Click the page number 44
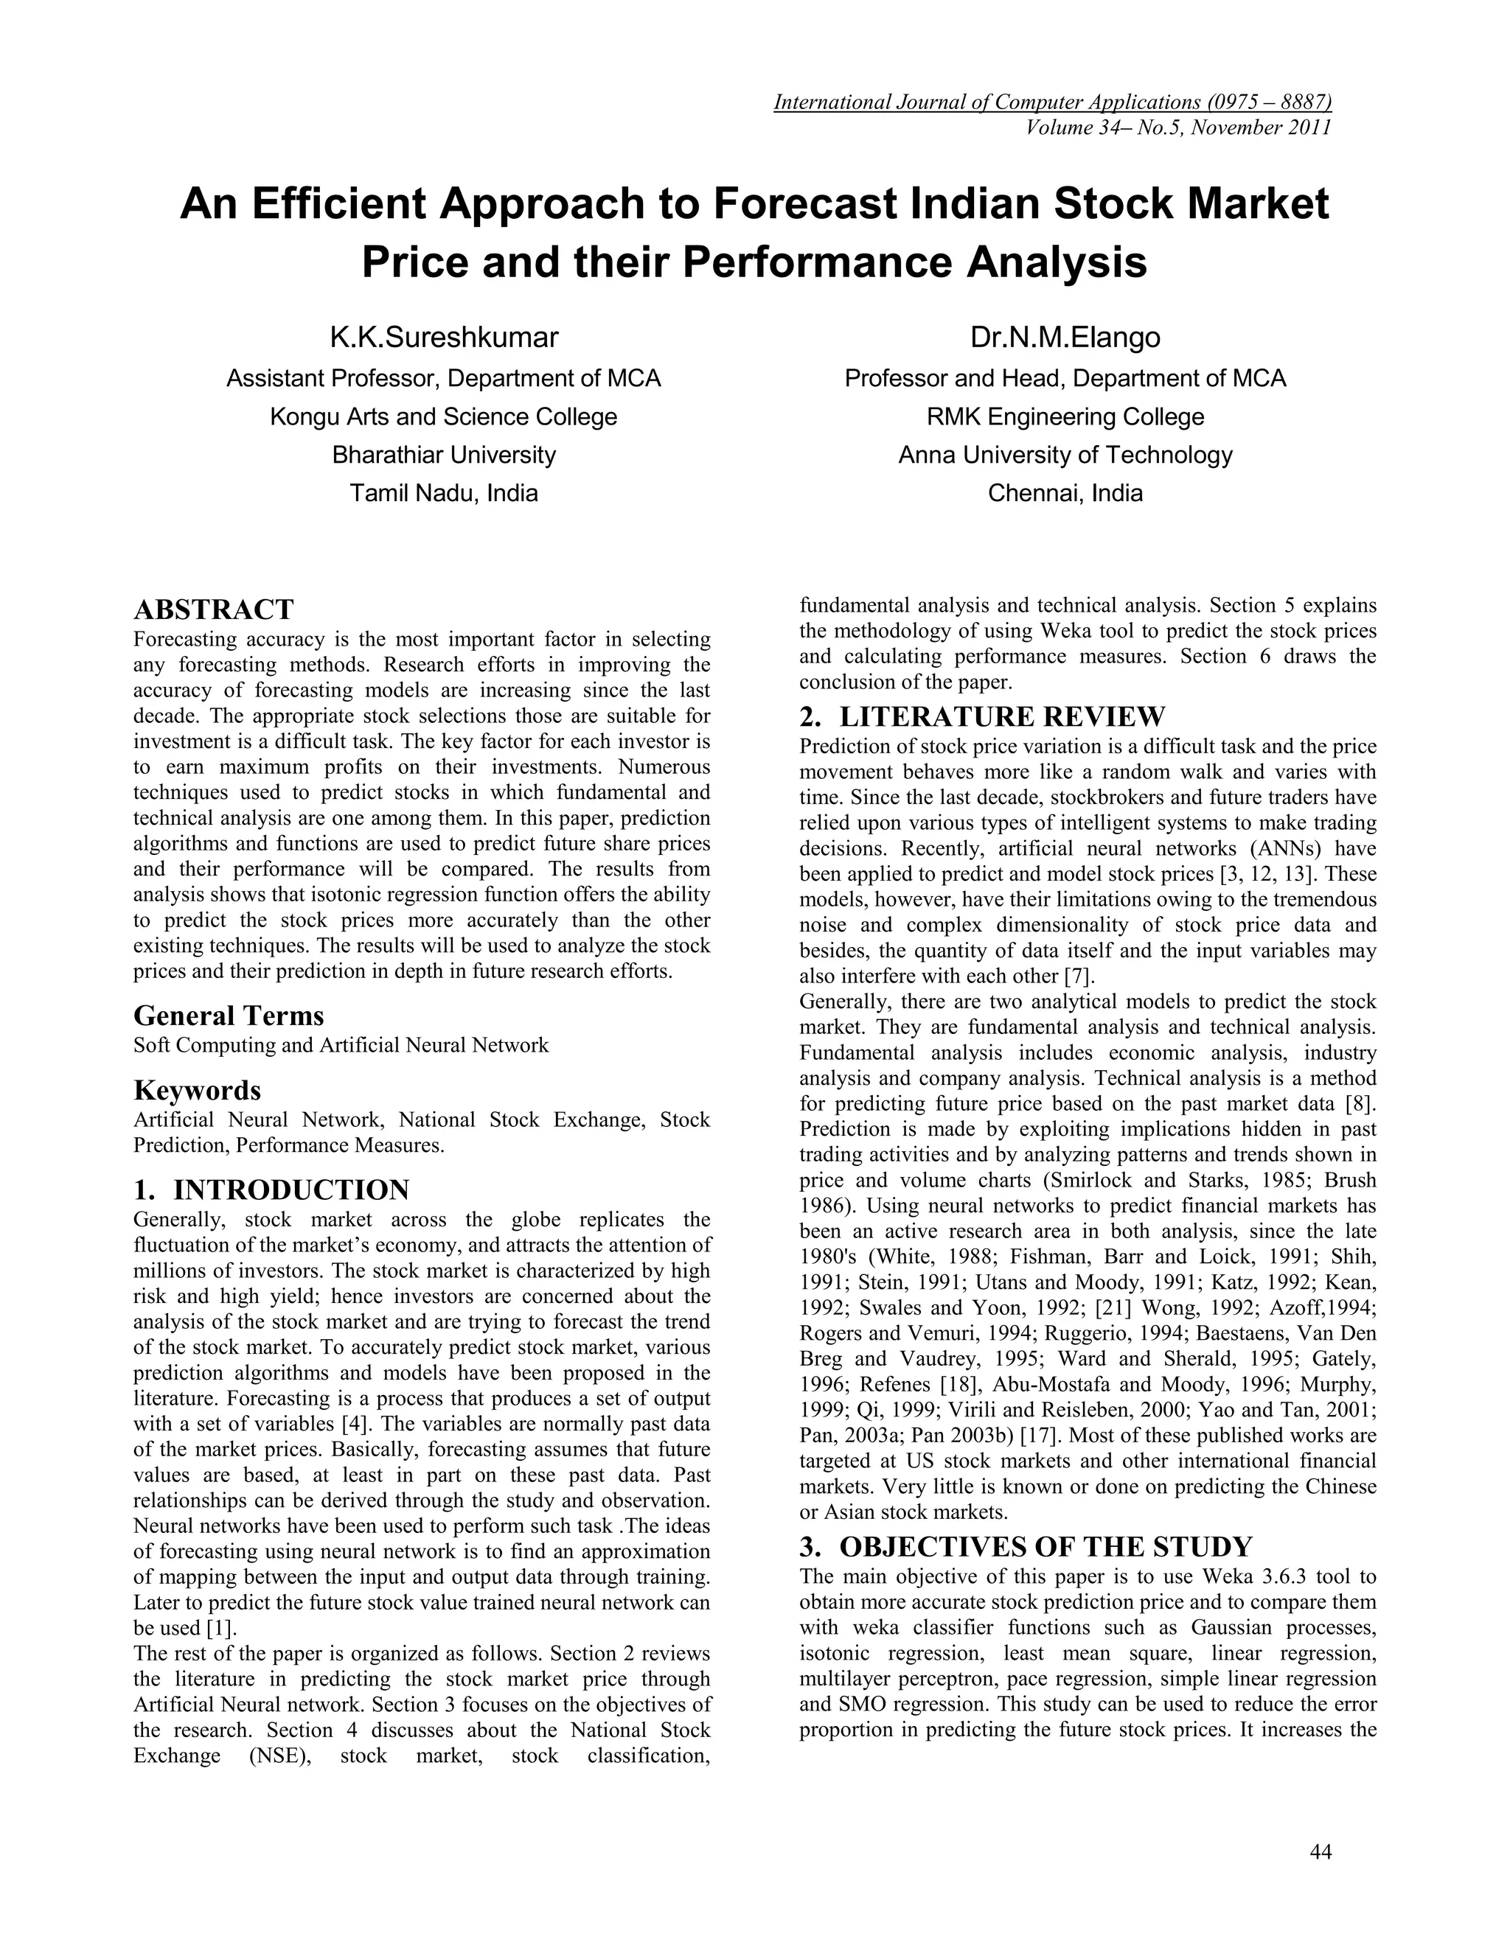coord(1321,1852)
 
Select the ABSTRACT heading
coord(213,610)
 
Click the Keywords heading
coord(197,1090)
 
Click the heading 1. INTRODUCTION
coord(271,1190)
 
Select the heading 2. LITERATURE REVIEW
coord(982,716)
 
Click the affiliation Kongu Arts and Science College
coord(444,416)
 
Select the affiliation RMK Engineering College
coord(1065,416)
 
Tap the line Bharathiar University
coord(444,455)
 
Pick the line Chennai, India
coord(1065,494)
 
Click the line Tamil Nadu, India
coord(444,494)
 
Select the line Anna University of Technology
coord(1065,455)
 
